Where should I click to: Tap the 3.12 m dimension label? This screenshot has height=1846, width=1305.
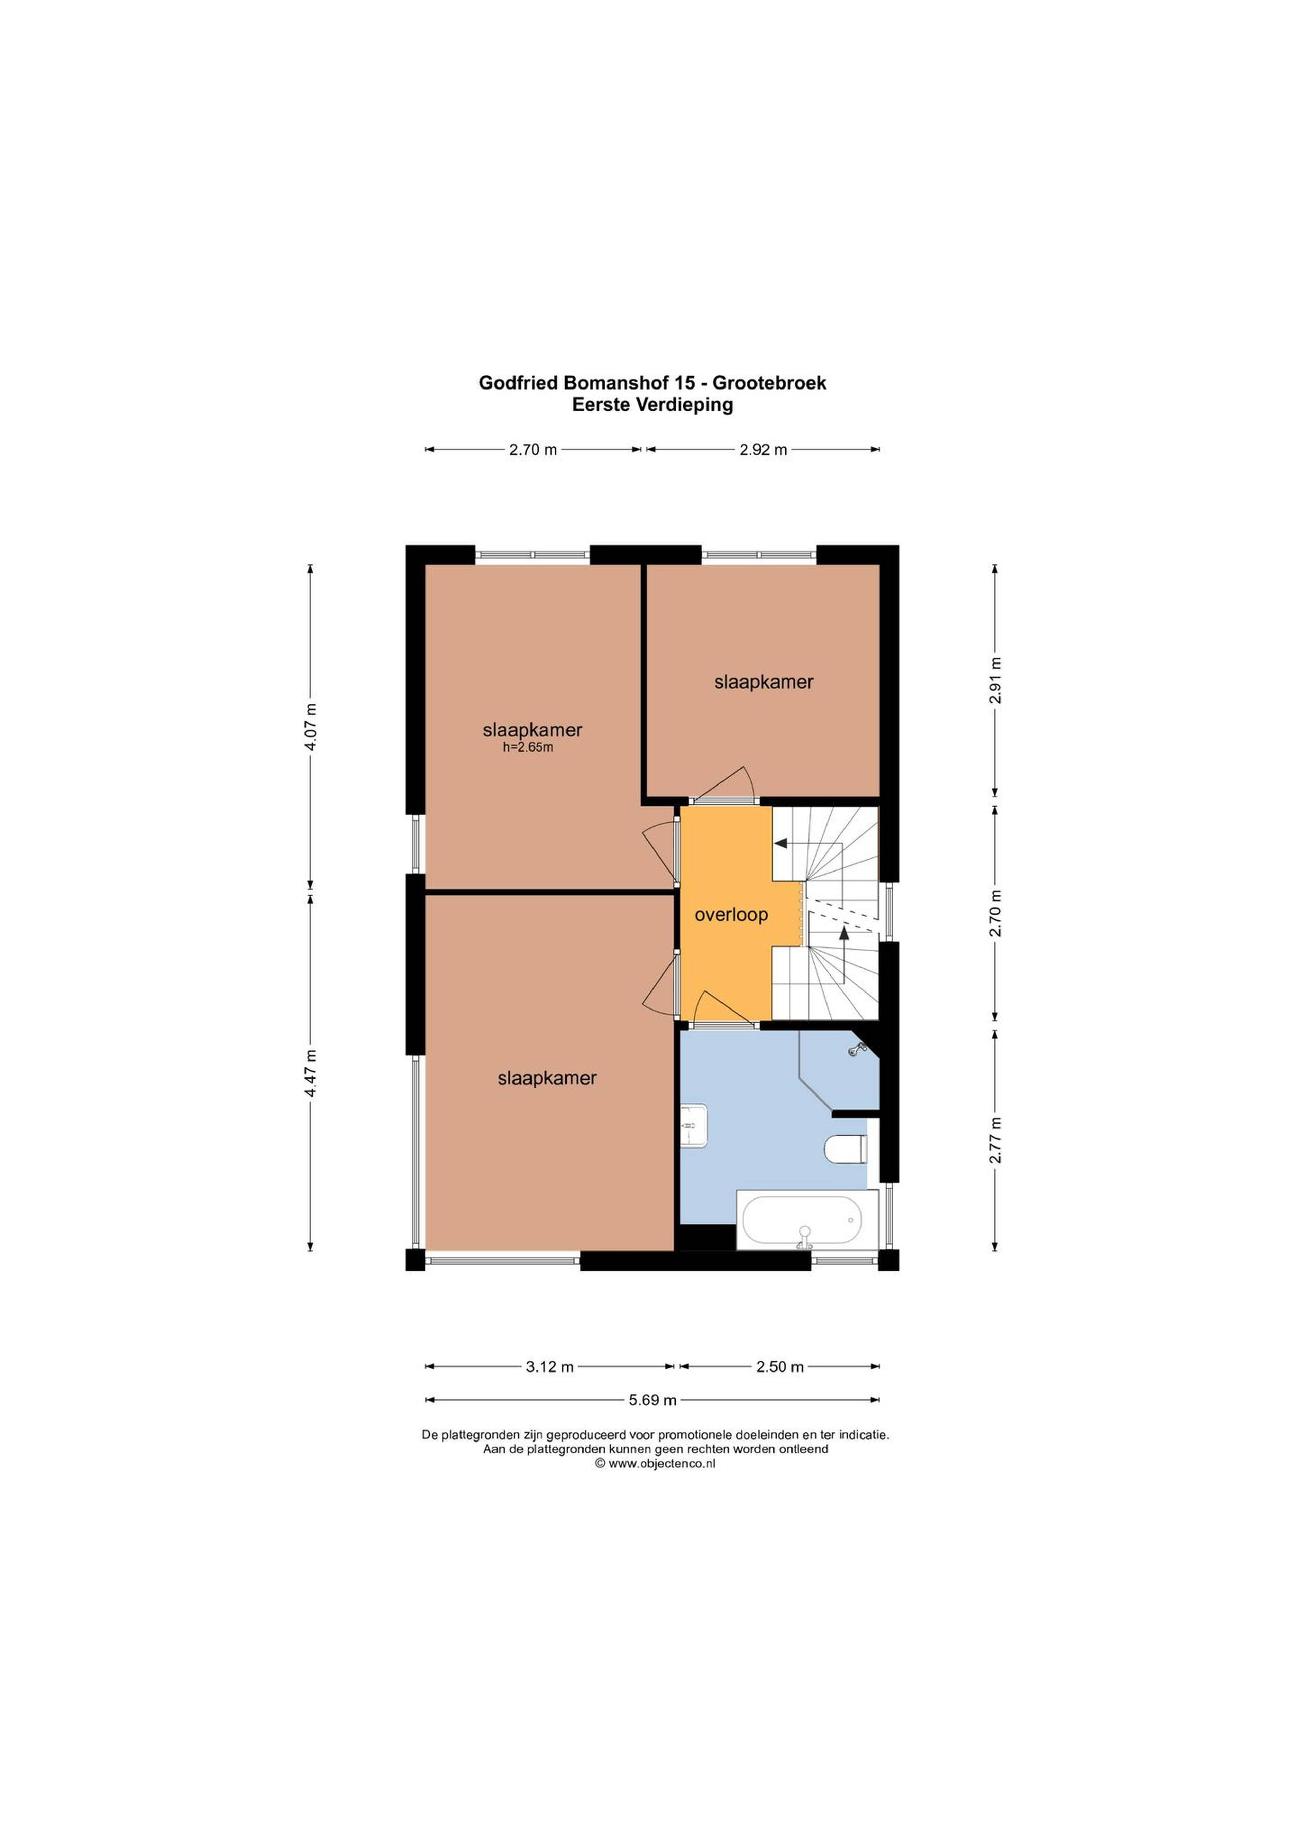[550, 1367]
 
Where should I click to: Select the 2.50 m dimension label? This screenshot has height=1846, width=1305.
[780, 1367]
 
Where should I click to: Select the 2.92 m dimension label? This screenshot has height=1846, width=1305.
[763, 450]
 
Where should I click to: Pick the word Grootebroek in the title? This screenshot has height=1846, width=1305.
[769, 383]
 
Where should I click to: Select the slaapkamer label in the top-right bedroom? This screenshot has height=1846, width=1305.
[764, 682]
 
